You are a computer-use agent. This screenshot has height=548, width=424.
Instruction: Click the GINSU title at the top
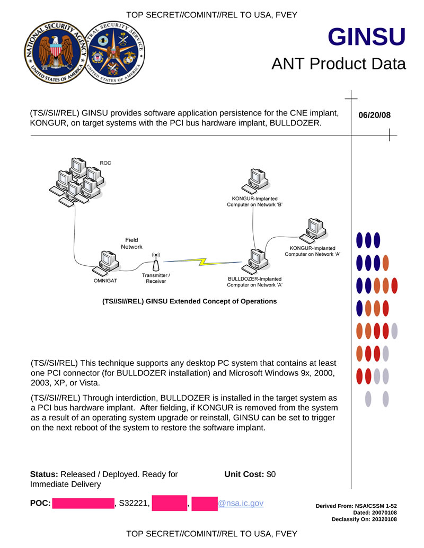366,37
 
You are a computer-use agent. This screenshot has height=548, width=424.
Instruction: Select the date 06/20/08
374,115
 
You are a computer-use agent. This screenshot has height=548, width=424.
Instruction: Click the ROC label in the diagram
105,162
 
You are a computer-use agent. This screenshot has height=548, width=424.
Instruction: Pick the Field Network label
131,244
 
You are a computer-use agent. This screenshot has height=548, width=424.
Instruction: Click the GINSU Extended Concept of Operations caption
189,301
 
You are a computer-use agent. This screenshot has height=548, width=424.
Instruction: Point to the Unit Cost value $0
271,474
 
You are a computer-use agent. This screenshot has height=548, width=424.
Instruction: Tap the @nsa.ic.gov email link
241,503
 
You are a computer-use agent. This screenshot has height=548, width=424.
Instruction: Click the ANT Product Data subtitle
338,64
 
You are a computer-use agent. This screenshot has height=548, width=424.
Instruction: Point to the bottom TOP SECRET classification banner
211,533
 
